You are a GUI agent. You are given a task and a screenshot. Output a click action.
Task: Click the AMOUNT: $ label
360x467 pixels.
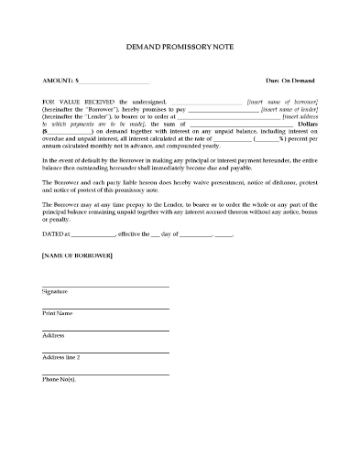pyautogui.click(x=61, y=80)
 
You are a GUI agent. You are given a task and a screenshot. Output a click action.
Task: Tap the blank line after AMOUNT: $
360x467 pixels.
pyautogui.click(x=115, y=81)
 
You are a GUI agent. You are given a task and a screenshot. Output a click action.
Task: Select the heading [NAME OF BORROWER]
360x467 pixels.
pyautogui.click(x=77, y=255)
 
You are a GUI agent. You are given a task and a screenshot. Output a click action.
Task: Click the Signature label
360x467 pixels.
pyautogui.click(x=55, y=291)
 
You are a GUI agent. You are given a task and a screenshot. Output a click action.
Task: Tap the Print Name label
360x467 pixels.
pyautogui.click(x=58, y=314)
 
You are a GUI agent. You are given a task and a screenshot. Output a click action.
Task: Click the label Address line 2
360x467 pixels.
pyautogui.click(x=62, y=357)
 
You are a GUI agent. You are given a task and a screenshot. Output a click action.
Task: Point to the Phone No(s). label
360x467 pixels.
pyautogui.click(x=59, y=379)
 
